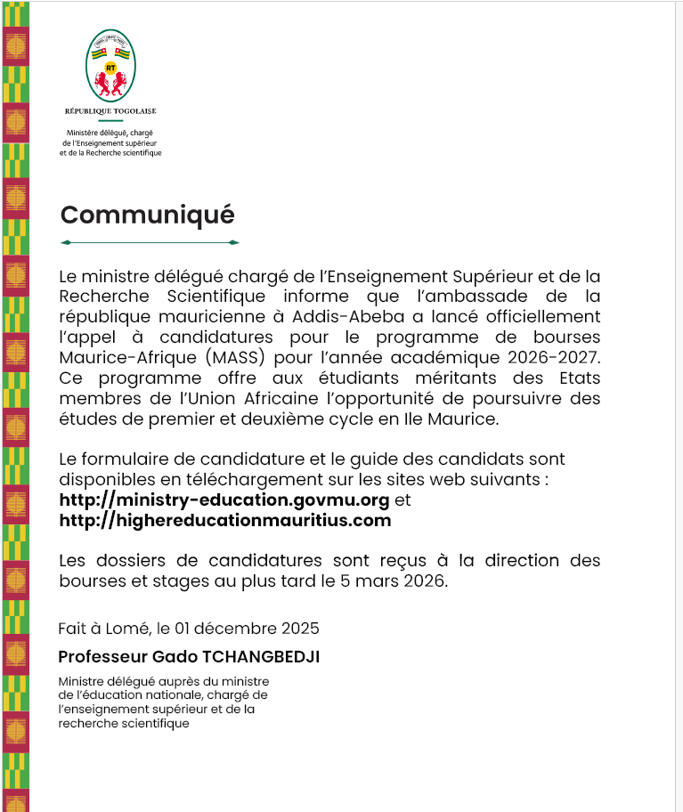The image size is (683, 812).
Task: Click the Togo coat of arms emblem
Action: (x=110, y=68)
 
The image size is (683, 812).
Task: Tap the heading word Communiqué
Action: (x=147, y=215)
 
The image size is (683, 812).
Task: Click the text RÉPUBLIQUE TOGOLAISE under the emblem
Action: (x=110, y=111)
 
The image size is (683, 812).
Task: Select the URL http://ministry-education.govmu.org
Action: (x=224, y=500)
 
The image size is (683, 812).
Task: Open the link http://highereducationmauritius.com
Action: (x=224, y=521)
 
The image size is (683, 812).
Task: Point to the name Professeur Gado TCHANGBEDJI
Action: (x=188, y=657)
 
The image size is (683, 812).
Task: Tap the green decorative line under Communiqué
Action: (x=149, y=242)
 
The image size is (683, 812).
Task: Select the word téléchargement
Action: (x=201, y=480)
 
